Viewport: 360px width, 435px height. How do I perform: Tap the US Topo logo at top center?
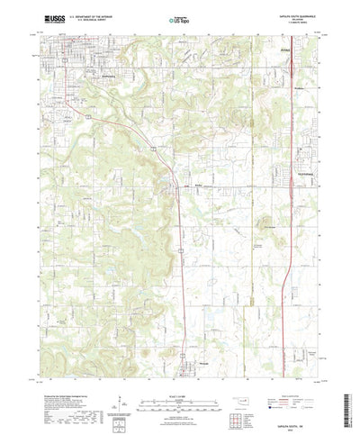179,17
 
